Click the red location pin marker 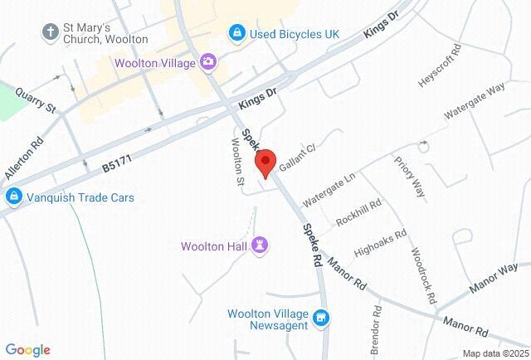coord(265,163)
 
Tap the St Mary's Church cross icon coord(51,31)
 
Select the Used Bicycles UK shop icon coord(237,32)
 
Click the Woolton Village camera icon coord(207,62)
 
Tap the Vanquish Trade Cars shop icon coord(12,197)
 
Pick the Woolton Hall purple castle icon coord(262,246)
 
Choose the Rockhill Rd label coord(358,213)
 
